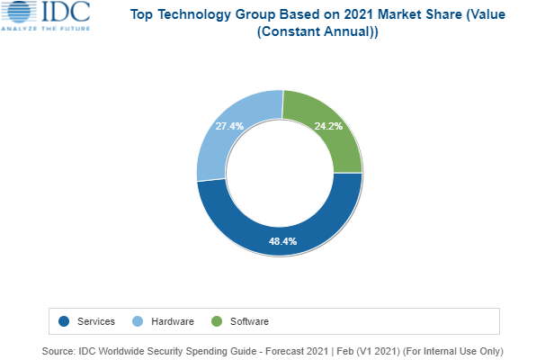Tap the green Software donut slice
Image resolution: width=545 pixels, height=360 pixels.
click(x=332, y=135)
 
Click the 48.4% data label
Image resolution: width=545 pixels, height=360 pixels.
click(x=282, y=241)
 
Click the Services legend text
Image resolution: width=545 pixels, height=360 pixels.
click(x=95, y=320)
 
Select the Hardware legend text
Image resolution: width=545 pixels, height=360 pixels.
click(x=173, y=320)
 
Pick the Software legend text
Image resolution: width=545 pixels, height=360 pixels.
click(x=250, y=320)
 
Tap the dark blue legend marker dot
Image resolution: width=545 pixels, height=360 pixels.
click(x=64, y=320)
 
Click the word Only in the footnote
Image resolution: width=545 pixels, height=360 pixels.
click(x=487, y=350)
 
